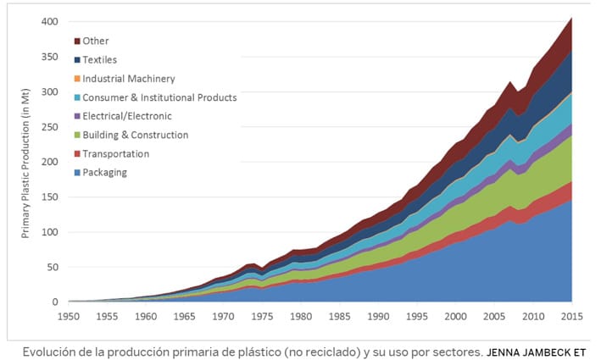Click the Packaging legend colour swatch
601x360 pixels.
click(x=76, y=173)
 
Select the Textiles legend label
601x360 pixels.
click(x=100, y=60)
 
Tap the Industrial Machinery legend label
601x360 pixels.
click(x=129, y=79)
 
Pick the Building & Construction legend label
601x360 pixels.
click(x=135, y=135)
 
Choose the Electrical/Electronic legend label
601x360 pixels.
click(x=127, y=116)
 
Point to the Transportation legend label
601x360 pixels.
click(x=115, y=154)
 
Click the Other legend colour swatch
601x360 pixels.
click(x=76, y=41)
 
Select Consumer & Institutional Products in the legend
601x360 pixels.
click(x=159, y=97)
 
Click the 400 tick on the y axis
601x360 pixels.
click(x=51, y=21)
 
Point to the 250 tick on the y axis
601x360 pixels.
click(x=51, y=126)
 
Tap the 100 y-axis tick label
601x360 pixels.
click(x=51, y=232)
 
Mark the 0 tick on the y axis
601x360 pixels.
click(x=56, y=302)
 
